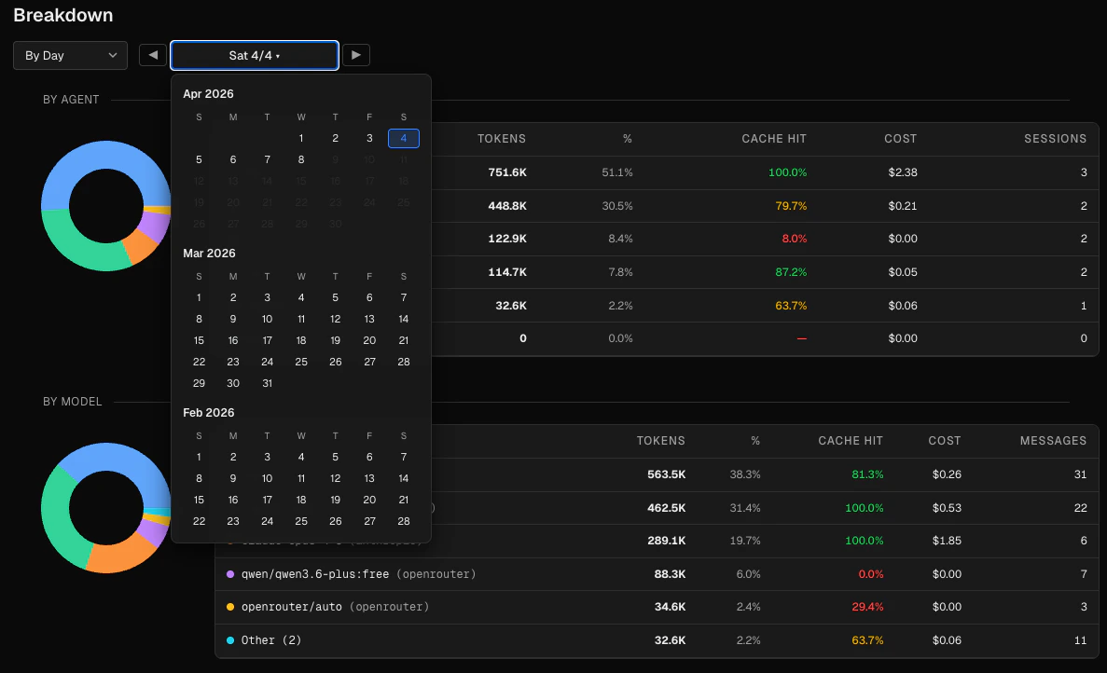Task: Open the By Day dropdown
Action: click(71, 56)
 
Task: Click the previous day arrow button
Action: click(153, 55)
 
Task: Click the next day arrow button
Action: click(356, 55)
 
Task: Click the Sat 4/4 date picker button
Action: click(254, 56)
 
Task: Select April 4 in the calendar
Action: click(404, 139)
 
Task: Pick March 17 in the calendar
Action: click(267, 340)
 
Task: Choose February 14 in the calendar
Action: click(404, 478)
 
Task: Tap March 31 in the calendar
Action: click(267, 383)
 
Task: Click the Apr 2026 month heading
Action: click(209, 94)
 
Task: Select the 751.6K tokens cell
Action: click(506, 172)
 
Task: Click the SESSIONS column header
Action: click(1055, 139)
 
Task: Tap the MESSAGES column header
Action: click(1053, 441)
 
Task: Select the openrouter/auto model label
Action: click(292, 607)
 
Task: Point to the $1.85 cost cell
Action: click(946, 541)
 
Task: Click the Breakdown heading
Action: click(63, 16)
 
